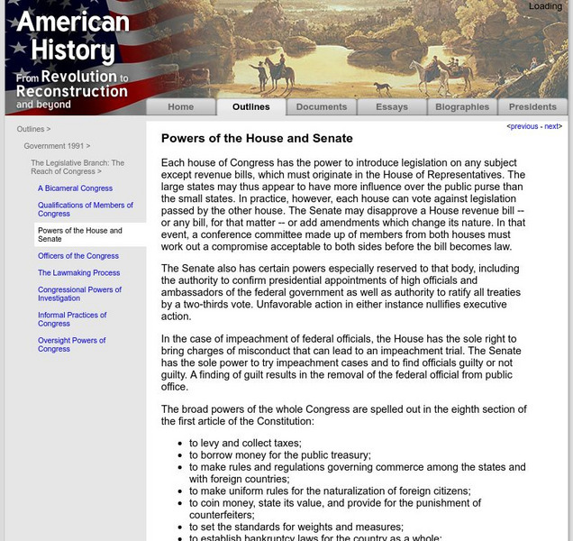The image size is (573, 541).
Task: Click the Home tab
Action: [x=180, y=106]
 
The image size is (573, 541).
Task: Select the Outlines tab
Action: [x=250, y=106]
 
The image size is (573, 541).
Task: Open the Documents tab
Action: [x=321, y=106]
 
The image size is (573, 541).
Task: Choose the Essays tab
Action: [x=391, y=106]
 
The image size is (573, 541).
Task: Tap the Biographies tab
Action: [x=461, y=106]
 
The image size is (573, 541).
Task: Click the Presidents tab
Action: [x=532, y=106]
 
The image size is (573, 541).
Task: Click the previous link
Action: [x=523, y=127]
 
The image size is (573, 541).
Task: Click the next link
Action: [x=551, y=127]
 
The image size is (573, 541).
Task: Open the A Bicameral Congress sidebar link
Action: [x=75, y=188]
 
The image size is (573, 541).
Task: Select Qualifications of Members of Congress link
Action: [x=85, y=209]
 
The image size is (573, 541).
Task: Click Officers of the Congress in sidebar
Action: [x=77, y=256]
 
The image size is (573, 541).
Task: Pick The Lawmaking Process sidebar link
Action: [x=78, y=272]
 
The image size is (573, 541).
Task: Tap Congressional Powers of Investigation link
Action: [x=79, y=294]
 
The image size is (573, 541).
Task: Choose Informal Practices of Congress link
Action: [x=72, y=319]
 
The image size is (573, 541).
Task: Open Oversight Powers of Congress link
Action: [x=71, y=344]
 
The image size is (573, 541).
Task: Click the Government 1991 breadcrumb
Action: [x=56, y=145]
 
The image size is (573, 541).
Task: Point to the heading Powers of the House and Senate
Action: [x=257, y=139]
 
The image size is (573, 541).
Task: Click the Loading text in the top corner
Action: [x=545, y=6]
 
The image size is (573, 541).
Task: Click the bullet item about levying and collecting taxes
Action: [x=245, y=444]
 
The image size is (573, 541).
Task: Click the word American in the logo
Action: [x=72, y=22]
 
